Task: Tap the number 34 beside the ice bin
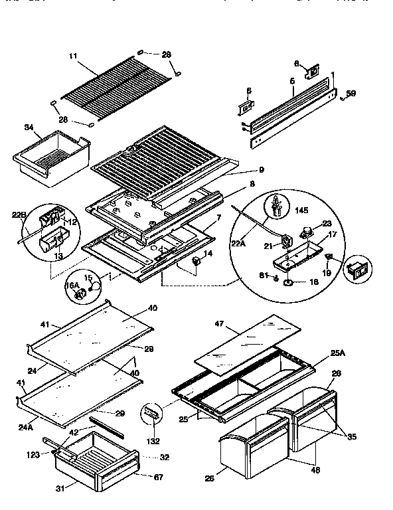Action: pos(29,127)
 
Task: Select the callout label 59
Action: pos(351,94)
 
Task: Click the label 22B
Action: pos(19,214)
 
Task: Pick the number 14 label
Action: pos(208,254)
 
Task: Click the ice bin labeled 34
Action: pos(52,158)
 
